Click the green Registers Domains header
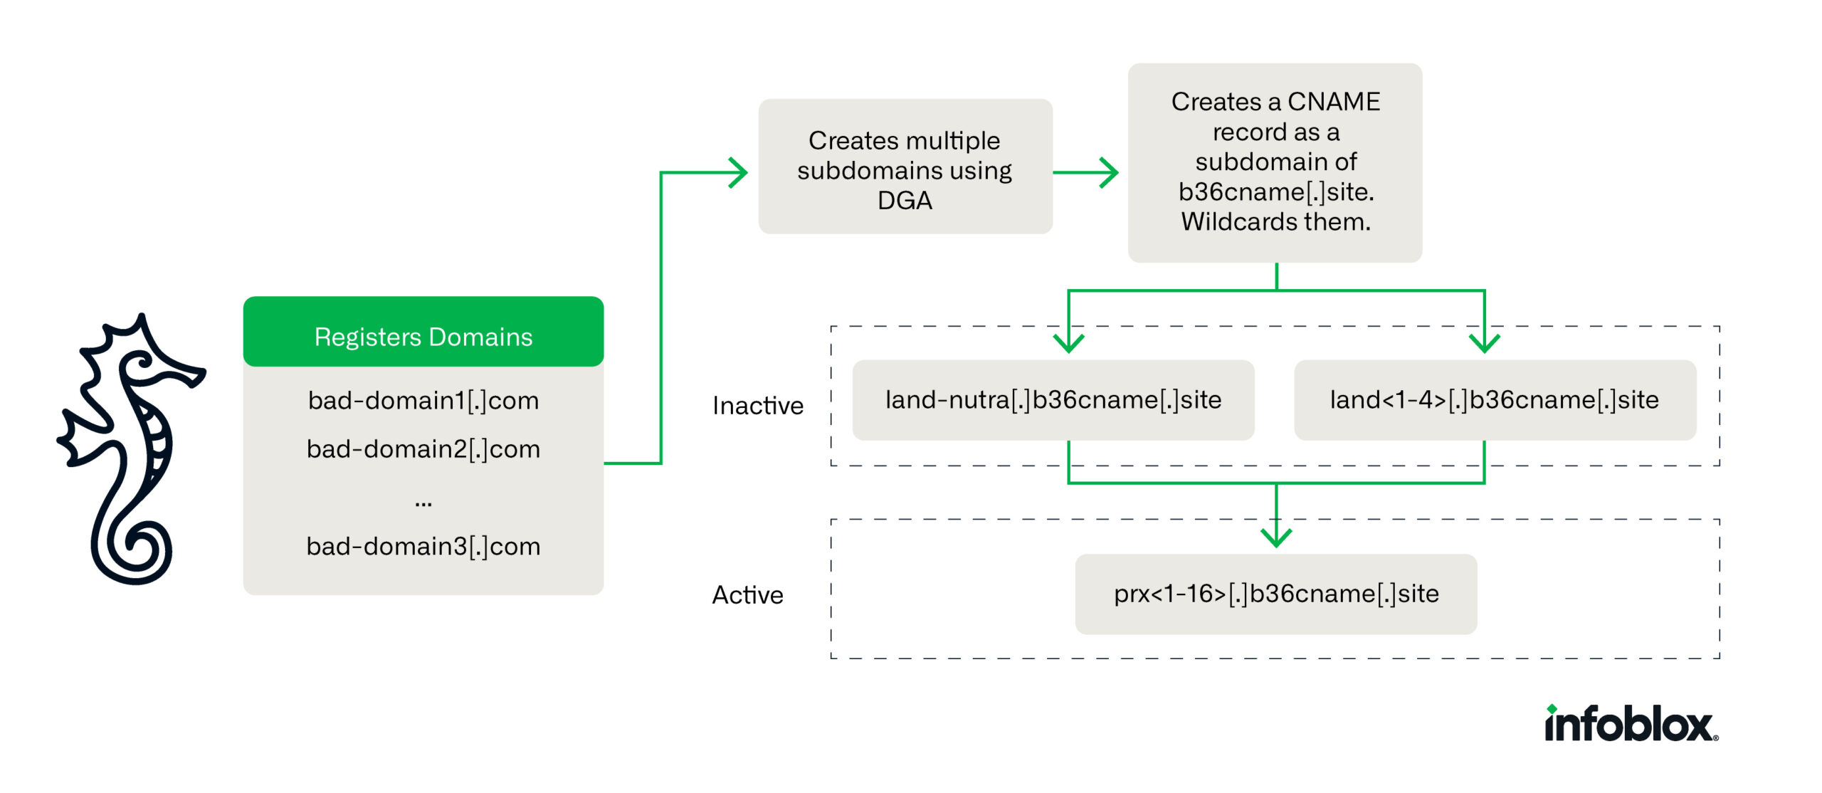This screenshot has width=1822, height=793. point(423,336)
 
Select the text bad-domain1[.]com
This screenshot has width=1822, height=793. point(423,401)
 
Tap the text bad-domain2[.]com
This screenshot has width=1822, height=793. point(423,449)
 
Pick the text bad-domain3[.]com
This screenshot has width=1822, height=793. point(423,547)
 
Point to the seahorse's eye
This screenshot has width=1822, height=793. point(142,363)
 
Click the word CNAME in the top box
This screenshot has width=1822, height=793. point(1333,102)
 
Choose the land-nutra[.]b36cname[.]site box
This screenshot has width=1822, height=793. point(1053,400)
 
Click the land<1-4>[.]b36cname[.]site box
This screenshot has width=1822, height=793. point(1494,400)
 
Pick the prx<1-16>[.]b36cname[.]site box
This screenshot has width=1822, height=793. point(1275,594)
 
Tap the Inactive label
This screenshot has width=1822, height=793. point(757,406)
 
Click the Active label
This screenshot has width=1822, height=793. point(747,595)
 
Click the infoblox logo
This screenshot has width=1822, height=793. point(1630,725)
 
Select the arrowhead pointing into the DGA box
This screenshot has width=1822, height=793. point(740,172)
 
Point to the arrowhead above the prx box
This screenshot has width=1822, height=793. point(1276,537)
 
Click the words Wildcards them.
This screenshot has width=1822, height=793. point(1275,222)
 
